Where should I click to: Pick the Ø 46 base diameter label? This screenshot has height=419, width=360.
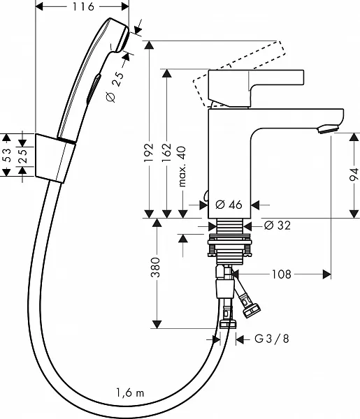[x=229, y=205]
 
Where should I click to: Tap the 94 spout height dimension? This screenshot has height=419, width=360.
[x=354, y=175]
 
